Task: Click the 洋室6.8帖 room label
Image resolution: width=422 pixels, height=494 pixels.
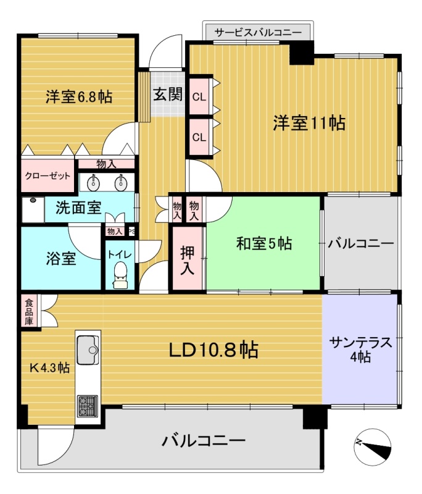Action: (79, 96)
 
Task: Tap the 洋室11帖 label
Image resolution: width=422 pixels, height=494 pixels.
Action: (309, 123)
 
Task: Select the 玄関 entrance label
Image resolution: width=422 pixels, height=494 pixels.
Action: (168, 94)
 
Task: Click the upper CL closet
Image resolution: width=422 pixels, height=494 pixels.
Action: (199, 96)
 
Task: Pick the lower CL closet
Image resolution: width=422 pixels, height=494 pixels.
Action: (199, 137)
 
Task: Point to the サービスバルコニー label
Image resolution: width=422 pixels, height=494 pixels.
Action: (258, 32)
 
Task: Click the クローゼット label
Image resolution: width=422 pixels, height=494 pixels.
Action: (48, 176)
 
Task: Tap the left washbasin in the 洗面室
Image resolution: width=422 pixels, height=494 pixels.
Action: (93, 183)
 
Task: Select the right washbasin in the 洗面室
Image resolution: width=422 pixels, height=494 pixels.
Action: (121, 183)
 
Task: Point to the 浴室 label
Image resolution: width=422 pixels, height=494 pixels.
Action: (61, 258)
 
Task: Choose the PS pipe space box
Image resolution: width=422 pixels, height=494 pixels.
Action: (131, 231)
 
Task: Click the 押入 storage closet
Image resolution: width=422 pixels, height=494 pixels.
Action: (187, 259)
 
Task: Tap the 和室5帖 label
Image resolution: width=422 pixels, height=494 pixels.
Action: (264, 243)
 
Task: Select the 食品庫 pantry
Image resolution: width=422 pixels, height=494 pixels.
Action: (29, 312)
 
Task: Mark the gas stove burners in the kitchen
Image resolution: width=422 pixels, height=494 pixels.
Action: (88, 406)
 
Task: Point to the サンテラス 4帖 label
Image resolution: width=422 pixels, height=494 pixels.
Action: (361, 349)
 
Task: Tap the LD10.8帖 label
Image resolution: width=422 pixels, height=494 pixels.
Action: (213, 350)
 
